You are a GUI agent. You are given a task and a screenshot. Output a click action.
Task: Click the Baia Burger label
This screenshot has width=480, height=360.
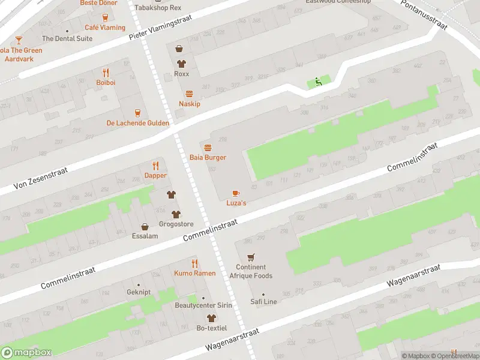208,157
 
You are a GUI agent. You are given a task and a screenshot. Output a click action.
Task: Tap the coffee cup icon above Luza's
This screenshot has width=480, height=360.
236,193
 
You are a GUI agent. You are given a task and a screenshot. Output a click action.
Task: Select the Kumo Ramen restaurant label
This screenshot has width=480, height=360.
194,273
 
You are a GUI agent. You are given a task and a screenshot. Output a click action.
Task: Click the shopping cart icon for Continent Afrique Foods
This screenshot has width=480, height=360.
251,257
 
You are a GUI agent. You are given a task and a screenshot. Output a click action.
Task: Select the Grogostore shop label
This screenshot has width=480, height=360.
176,224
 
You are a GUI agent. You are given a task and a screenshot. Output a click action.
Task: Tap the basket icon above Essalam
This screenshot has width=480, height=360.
145,227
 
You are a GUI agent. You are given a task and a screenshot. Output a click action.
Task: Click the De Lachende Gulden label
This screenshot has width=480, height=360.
137,123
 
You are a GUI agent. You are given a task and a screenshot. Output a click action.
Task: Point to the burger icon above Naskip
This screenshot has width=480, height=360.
190,94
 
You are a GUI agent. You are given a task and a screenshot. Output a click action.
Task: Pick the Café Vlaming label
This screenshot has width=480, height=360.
105,28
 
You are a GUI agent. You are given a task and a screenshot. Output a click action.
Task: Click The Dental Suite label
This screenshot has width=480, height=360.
67,38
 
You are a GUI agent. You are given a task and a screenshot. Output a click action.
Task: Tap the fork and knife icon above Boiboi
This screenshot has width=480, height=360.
106,72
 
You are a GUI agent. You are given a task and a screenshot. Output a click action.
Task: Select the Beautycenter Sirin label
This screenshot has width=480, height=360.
203,305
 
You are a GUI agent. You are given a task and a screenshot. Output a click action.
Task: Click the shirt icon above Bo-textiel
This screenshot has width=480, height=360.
211,318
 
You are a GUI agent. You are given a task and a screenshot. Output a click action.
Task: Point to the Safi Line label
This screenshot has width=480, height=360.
263,302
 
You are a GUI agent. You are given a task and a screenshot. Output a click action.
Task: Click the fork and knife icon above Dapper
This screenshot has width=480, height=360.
155,166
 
